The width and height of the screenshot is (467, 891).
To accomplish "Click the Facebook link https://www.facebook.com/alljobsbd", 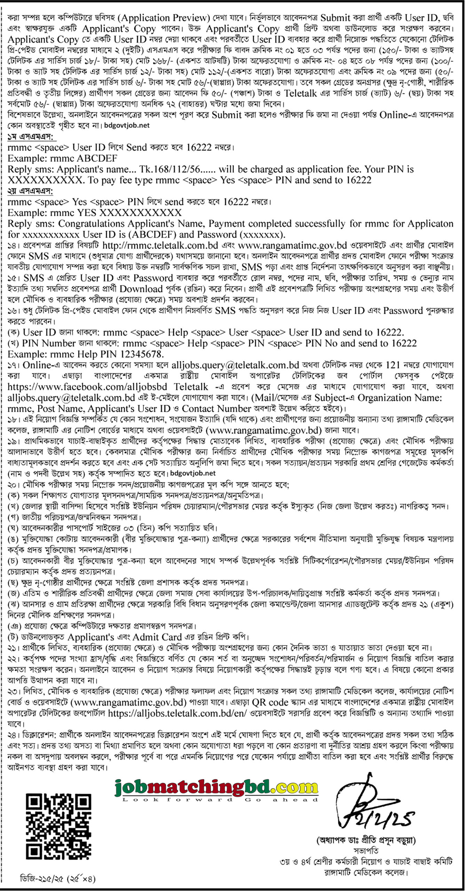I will click(87, 387).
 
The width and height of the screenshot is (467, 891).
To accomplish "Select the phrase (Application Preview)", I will click(165, 18).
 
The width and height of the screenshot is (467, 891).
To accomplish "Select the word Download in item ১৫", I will click(141, 289).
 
